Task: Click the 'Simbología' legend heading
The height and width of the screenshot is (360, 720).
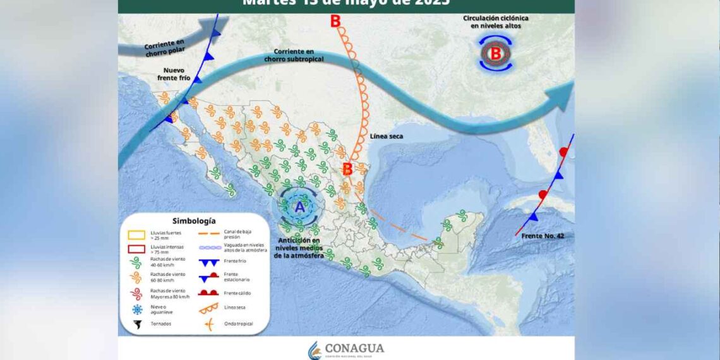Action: (x=194, y=221)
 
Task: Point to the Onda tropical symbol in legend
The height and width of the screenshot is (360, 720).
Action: (x=208, y=324)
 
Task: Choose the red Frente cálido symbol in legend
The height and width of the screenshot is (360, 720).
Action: (x=208, y=292)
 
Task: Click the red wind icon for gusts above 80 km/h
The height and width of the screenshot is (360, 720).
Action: (x=136, y=294)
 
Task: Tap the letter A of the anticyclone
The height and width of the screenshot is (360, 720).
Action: (x=300, y=206)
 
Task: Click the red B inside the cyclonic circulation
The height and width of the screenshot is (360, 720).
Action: (x=496, y=54)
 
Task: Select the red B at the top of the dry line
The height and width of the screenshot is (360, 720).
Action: (x=335, y=21)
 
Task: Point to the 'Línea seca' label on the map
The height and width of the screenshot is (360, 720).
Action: (x=387, y=136)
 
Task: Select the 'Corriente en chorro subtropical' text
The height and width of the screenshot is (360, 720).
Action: (x=299, y=54)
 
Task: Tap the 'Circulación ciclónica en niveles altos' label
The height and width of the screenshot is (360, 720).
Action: (x=496, y=22)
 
